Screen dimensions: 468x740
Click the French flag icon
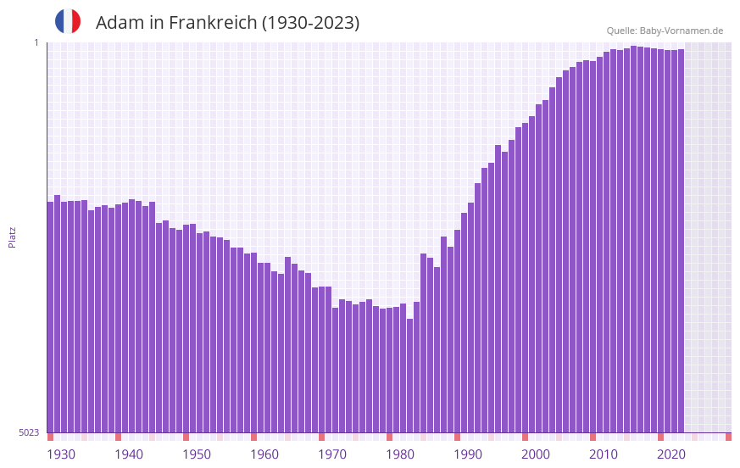click(68, 22)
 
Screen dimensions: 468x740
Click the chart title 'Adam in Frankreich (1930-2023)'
click(227, 23)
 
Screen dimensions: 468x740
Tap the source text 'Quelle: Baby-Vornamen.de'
click(665, 31)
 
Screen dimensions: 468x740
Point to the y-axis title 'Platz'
click(12, 237)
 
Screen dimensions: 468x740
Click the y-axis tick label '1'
click(36, 42)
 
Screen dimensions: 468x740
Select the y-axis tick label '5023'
click(29, 432)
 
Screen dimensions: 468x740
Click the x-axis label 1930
click(61, 454)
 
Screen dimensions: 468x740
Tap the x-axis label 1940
click(129, 454)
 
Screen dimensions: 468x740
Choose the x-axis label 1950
click(197, 454)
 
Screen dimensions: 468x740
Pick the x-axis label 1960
click(264, 454)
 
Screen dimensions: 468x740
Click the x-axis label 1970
click(332, 454)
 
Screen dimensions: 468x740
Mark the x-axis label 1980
click(400, 454)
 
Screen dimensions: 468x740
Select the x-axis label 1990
click(468, 454)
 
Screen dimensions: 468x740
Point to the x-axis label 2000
click(536, 454)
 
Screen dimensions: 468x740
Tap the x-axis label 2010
click(604, 454)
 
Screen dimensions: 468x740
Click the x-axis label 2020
click(671, 454)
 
